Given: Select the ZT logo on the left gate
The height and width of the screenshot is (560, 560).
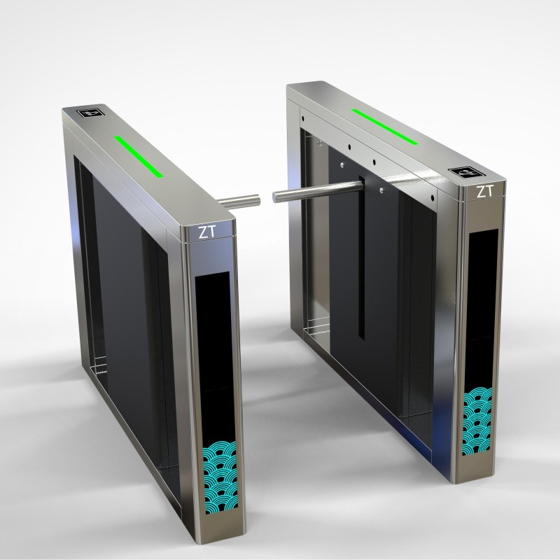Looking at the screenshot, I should point(207,233).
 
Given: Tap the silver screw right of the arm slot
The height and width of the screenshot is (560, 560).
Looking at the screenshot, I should point(381,190).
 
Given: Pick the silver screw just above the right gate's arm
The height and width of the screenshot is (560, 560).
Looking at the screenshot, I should point(342,165).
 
